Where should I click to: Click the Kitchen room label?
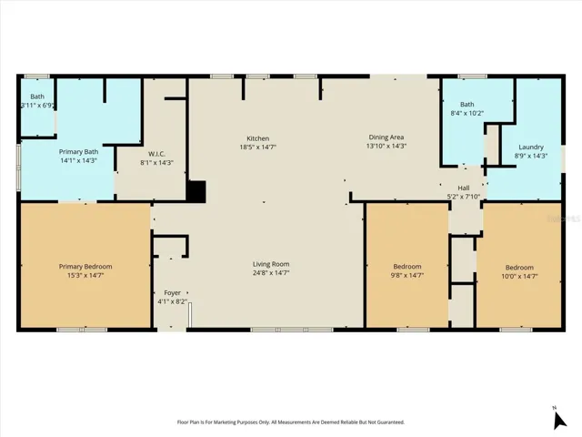click(258, 138)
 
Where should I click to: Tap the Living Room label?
click(271, 264)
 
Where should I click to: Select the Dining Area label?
click(386, 137)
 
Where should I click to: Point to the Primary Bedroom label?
click(85, 267)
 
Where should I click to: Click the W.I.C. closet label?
click(156, 154)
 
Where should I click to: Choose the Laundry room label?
click(531, 147)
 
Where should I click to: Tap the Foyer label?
click(172, 293)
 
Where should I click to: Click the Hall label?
click(463, 188)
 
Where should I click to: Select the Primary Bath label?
click(79, 152)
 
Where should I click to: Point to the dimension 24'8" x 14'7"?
click(271, 273)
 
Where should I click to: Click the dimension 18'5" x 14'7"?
click(258, 147)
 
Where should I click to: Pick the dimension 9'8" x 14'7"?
click(407, 275)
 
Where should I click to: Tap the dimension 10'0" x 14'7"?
click(519, 276)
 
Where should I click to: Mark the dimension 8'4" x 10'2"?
click(467, 113)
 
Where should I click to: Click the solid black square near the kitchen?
click(196, 192)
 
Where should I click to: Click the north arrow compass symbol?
click(559, 420)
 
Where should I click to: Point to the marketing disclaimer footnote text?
click(291, 422)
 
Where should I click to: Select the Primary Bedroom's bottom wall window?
click(82, 330)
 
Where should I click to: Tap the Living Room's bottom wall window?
click(292, 330)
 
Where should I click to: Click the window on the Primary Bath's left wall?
click(18, 168)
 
